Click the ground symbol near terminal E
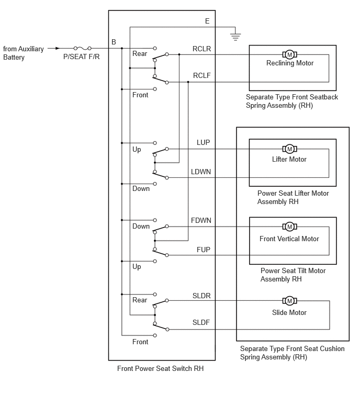coord(235,37)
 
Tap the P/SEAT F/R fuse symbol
coord(82,48)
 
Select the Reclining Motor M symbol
coord(290,54)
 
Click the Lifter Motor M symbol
coord(290,149)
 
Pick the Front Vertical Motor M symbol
coord(290,227)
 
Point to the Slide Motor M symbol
coord(290,300)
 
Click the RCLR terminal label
coord(201,49)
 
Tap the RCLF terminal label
coord(201,75)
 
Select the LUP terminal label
coord(204,143)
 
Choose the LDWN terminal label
coord(201,172)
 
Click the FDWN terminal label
coord(201,220)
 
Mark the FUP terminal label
coord(204,250)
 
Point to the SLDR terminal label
coord(201,296)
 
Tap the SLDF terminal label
coord(201,322)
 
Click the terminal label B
coord(114,42)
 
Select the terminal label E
coord(207,21)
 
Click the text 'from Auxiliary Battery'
coord(24,53)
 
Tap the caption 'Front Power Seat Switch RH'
coord(160,368)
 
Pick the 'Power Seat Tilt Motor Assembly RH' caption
coord(293,275)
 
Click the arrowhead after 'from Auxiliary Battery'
coord(58,48)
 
